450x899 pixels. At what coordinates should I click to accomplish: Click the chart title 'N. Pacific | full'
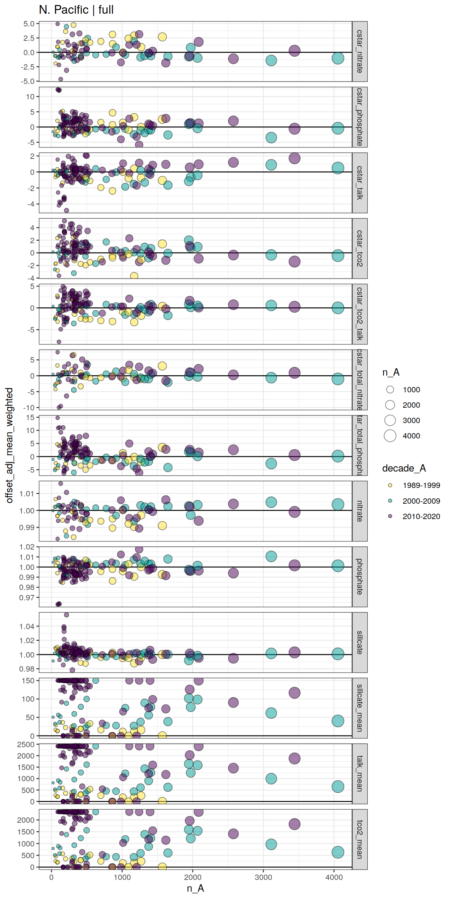pyautogui.click(x=76, y=9)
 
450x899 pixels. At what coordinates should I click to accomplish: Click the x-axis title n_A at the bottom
pyautogui.click(x=195, y=888)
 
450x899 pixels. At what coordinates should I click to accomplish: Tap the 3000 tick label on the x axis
pyautogui.click(x=263, y=877)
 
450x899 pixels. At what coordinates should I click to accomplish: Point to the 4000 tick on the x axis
pyautogui.click(x=334, y=877)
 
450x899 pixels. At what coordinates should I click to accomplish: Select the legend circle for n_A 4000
pyautogui.click(x=390, y=435)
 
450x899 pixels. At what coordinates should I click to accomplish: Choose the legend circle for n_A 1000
pyautogui.click(x=390, y=390)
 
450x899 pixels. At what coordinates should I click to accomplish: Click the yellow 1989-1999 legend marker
pyautogui.click(x=390, y=485)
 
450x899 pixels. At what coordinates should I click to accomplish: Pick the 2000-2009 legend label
pyautogui.click(x=421, y=501)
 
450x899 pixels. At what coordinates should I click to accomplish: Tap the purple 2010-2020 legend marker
pyautogui.click(x=390, y=516)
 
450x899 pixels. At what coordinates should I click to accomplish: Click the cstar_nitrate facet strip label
pyautogui.click(x=360, y=51)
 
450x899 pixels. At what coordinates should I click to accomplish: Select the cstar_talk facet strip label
pyautogui.click(x=360, y=183)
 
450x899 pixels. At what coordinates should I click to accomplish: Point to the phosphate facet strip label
pyautogui.click(x=360, y=577)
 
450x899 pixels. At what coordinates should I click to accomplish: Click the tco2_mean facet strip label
pyautogui.click(x=360, y=839)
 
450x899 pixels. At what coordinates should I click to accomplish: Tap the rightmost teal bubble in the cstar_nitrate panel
pyautogui.click(x=337, y=58)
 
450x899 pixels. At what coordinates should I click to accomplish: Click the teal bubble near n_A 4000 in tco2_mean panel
pyautogui.click(x=337, y=852)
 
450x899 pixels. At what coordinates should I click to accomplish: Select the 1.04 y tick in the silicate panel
pyautogui.click(x=27, y=626)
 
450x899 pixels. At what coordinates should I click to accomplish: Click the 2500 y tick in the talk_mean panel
pyautogui.click(x=25, y=744)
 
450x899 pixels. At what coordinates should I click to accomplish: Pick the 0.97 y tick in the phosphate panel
pyautogui.click(x=27, y=597)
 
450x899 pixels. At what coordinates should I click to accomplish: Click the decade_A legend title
pyautogui.click(x=404, y=468)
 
